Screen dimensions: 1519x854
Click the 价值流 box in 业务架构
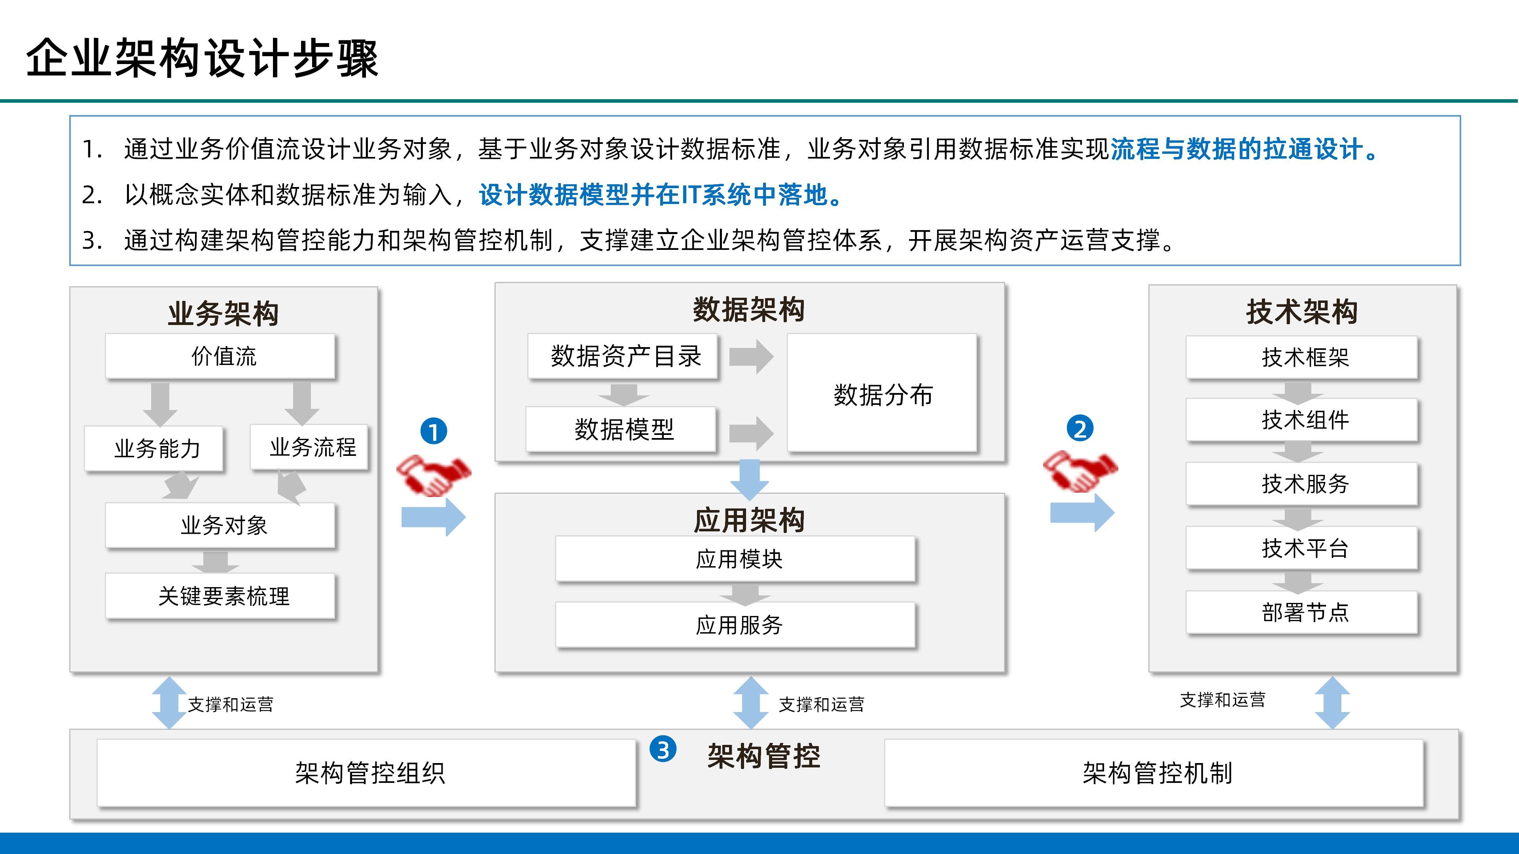(220, 356)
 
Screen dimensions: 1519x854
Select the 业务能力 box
(154, 448)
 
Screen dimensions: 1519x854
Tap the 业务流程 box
(309, 447)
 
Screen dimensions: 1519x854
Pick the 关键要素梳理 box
(220, 596)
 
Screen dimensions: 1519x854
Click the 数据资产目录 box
(623, 356)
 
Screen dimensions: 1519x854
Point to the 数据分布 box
(882, 393)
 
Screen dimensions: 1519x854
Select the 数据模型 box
(621, 429)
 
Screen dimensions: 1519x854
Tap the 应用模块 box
(735, 559)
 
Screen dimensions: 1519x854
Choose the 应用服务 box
(735, 625)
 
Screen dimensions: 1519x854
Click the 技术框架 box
(1301, 357)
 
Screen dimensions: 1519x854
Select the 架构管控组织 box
(366, 773)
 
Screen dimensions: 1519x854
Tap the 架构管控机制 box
(1154, 773)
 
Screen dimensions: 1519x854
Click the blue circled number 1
(434, 431)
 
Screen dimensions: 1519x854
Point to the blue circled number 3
(663, 750)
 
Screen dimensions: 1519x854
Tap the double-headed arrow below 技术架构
(1332, 703)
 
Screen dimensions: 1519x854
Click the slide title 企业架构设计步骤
(202, 59)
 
